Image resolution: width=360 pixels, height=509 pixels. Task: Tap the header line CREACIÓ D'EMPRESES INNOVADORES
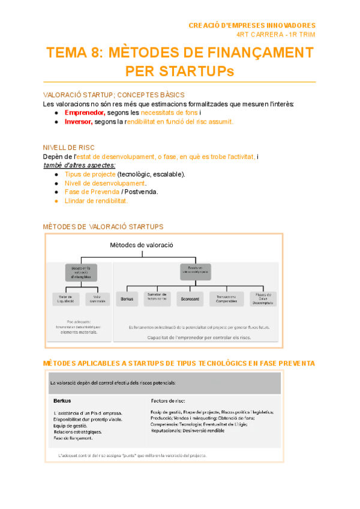click(252, 26)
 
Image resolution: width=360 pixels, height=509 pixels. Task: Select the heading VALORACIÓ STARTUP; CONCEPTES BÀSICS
click(114, 95)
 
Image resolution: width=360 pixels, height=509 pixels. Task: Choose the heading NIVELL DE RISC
click(69, 148)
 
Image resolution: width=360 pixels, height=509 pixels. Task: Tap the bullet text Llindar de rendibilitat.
click(96, 201)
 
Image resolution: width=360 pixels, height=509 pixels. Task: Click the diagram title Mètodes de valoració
click(141, 245)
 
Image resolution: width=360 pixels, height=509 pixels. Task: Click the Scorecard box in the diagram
click(191, 298)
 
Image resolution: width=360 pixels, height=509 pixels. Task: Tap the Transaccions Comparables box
click(228, 298)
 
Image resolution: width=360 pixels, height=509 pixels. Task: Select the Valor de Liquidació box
click(66, 298)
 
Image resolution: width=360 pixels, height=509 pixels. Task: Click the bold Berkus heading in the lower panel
click(62, 400)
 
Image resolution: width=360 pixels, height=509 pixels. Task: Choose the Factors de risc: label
click(168, 400)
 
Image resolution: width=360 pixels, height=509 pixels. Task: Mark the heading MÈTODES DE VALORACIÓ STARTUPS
click(103, 227)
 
